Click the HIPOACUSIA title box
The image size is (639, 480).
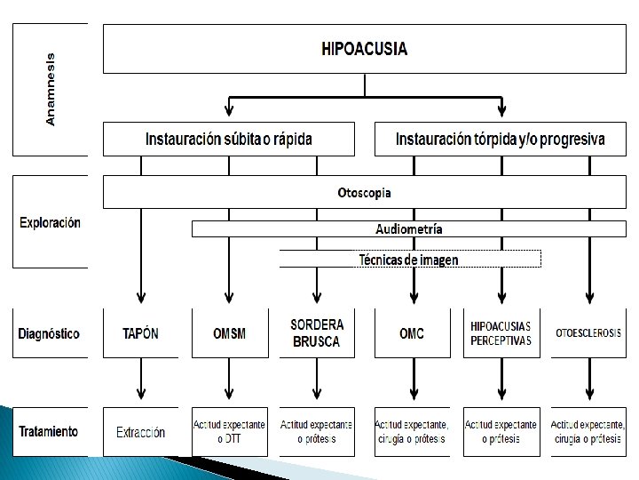point(365,49)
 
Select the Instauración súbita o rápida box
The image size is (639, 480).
point(229,140)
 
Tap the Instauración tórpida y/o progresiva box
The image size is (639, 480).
point(501,140)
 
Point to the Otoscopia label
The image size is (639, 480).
point(364,192)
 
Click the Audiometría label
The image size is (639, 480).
point(408,229)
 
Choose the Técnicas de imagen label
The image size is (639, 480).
point(409,260)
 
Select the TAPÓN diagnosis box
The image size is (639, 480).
point(140,334)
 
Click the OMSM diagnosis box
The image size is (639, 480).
point(229,334)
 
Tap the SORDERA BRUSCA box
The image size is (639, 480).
point(317,334)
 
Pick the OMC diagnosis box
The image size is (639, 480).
point(412,334)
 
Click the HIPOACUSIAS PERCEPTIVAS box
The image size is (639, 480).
point(501,334)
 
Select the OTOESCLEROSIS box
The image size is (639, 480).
point(588,334)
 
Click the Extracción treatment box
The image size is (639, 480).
point(140,433)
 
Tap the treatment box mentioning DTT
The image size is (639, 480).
point(229,433)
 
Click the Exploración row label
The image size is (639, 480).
point(50,222)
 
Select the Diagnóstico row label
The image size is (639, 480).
point(49,334)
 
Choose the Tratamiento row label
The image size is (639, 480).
point(49,432)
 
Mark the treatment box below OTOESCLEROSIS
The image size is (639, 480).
point(588,433)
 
